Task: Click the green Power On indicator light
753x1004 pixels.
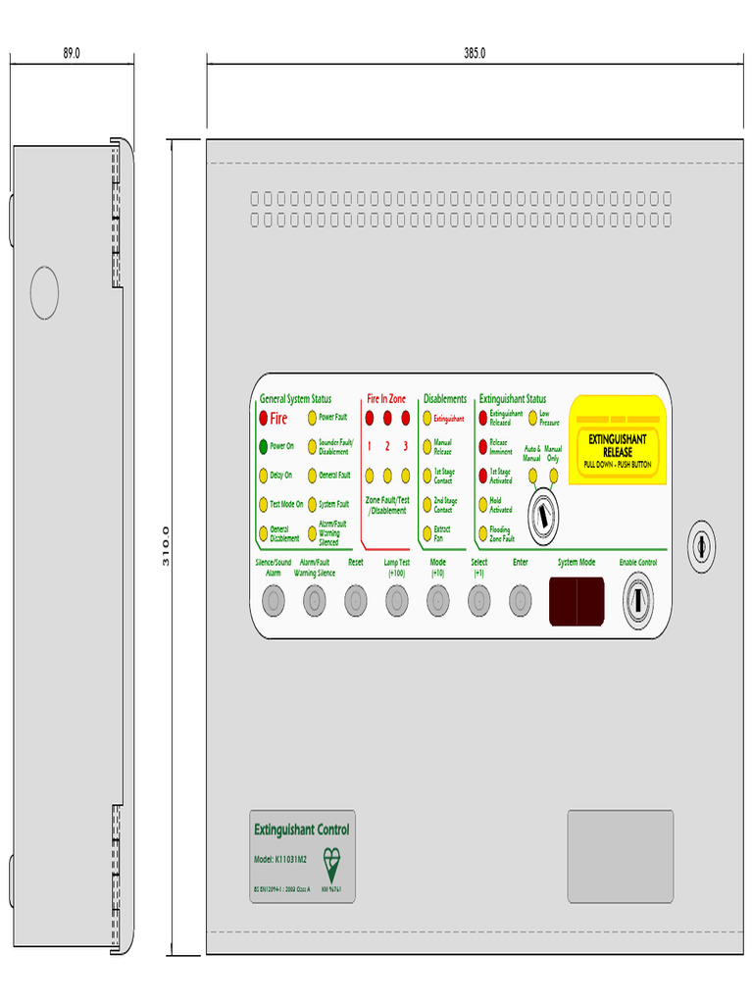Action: [x=264, y=446]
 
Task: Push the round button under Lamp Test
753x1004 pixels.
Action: [x=396, y=599]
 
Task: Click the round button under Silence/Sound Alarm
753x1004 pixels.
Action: [x=274, y=599]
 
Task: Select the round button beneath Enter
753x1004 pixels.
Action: [x=520, y=599]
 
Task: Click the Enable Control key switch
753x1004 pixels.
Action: [x=637, y=597]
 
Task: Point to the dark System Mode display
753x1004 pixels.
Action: [x=576, y=600]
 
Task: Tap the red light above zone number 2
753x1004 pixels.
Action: [x=387, y=419]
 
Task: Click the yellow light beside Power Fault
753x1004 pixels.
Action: [x=313, y=418]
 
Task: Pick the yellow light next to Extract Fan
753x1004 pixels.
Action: [x=427, y=532]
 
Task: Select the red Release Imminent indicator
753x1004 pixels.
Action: [x=482, y=446]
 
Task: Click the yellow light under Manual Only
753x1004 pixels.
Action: [x=554, y=476]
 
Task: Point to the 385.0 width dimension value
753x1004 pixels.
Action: [x=475, y=53]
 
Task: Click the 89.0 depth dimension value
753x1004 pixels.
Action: [x=72, y=53]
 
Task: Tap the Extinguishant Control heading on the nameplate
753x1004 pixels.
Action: [x=301, y=829]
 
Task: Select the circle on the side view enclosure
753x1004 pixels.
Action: [x=44, y=293]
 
